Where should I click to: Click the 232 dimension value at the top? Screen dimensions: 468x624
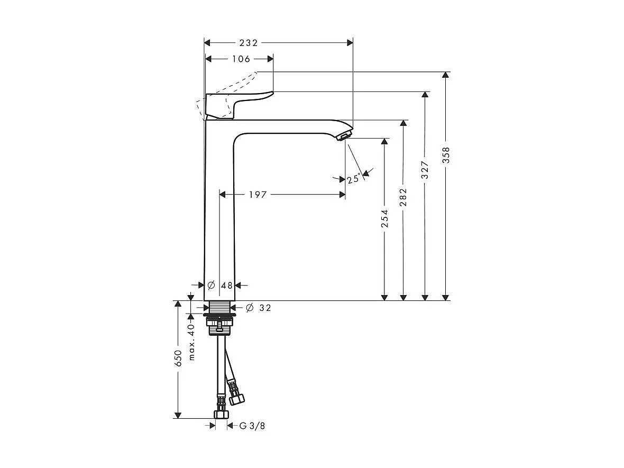(x=248, y=43)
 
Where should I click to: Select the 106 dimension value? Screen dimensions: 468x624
(x=241, y=59)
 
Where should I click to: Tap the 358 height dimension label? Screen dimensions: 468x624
(x=446, y=155)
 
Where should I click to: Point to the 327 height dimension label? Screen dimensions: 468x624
(x=425, y=170)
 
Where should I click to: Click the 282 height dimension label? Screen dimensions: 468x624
(x=403, y=197)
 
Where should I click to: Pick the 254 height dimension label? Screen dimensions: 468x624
(x=384, y=218)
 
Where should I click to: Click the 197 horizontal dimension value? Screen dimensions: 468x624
(x=258, y=195)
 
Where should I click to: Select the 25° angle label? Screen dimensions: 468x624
(x=354, y=179)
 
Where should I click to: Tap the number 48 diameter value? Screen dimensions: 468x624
(x=227, y=286)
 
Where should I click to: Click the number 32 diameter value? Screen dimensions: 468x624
(x=265, y=307)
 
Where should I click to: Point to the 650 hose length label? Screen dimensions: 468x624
(x=179, y=358)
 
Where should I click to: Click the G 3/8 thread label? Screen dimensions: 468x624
(x=252, y=426)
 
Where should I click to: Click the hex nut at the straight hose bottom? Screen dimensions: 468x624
(x=221, y=414)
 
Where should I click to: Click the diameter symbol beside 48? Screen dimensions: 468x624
(x=211, y=286)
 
